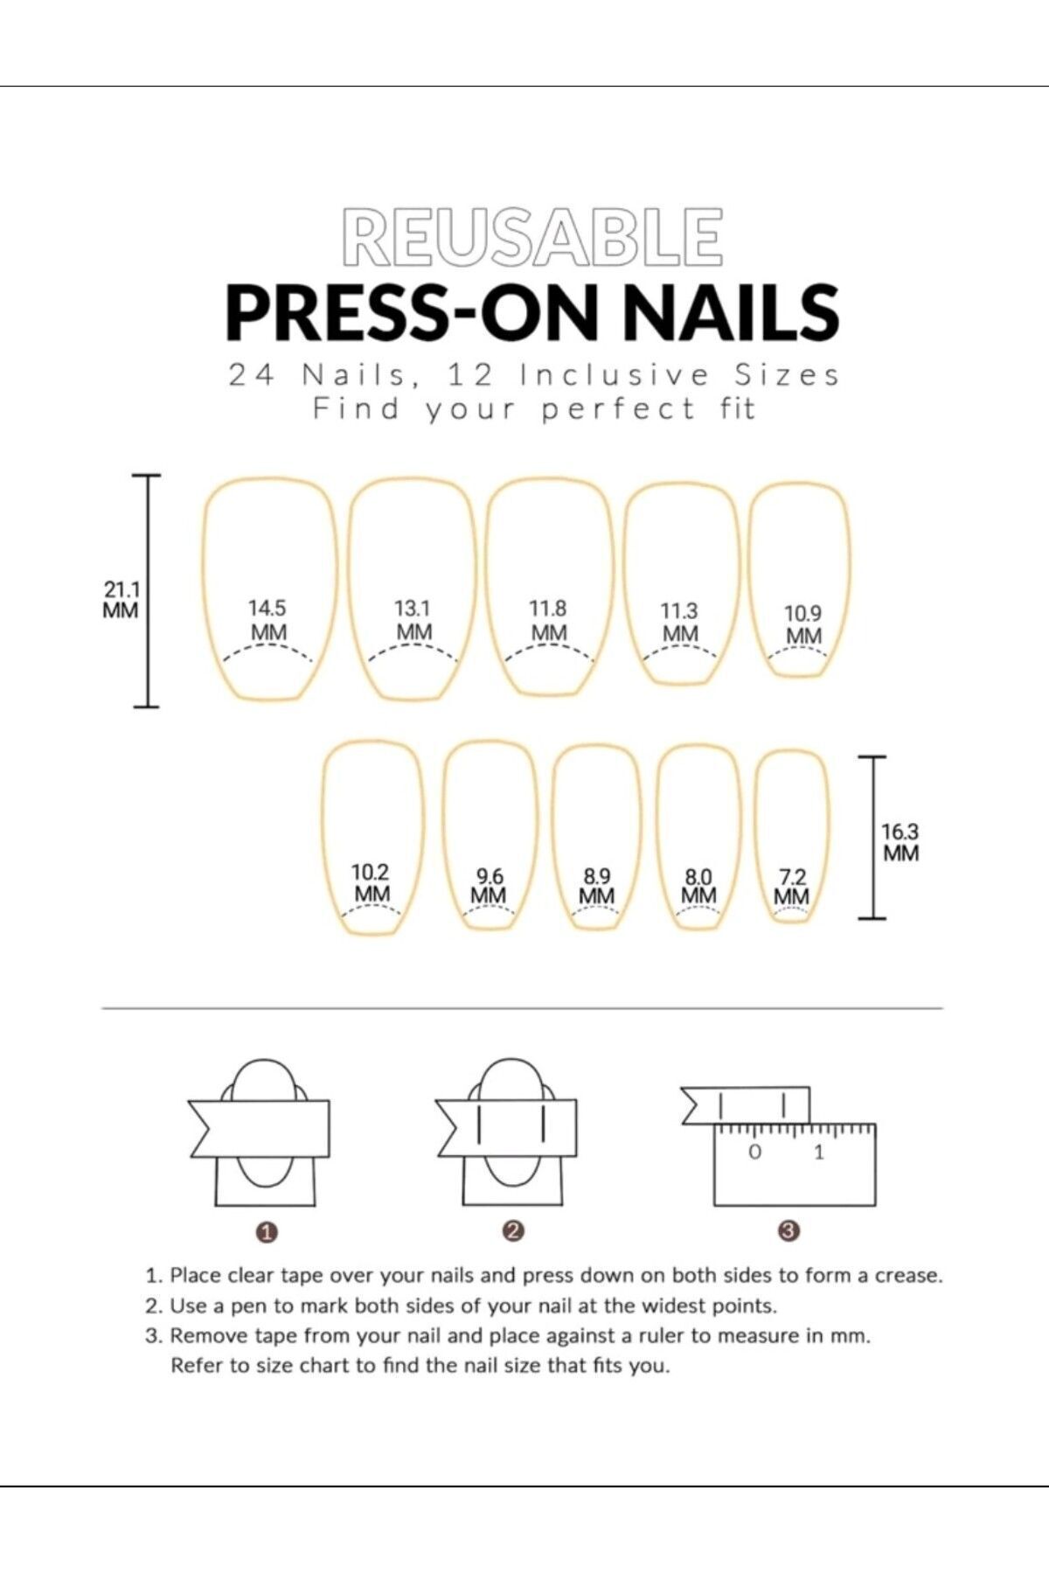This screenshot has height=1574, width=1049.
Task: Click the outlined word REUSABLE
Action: pyautogui.click(x=532, y=236)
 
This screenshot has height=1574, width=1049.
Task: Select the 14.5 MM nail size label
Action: pyautogui.click(x=267, y=620)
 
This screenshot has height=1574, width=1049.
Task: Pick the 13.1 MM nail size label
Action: pyautogui.click(x=413, y=620)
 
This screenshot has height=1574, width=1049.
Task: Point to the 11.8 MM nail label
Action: pyautogui.click(x=548, y=620)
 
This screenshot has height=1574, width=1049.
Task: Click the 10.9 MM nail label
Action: pyautogui.click(x=802, y=625)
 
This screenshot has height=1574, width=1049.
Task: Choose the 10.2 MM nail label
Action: pyautogui.click(x=371, y=883)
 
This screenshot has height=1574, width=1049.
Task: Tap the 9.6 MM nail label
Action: pyautogui.click(x=489, y=886)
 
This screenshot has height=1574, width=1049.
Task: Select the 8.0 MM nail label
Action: pyautogui.click(x=698, y=886)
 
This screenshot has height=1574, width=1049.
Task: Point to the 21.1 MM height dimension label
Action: pyautogui.click(x=121, y=600)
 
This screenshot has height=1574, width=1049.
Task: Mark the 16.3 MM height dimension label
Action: pyautogui.click(x=900, y=842)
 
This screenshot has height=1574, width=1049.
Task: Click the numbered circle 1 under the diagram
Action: pyautogui.click(x=268, y=1232)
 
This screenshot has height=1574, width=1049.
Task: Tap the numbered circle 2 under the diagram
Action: pyautogui.click(x=514, y=1231)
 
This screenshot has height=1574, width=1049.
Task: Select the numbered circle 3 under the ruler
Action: pyautogui.click(x=789, y=1231)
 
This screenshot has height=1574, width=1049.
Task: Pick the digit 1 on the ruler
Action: pyautogui.click(x=819, y=1153)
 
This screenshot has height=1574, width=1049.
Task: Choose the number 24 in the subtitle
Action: pyautogui.click(x=252, y=375)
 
